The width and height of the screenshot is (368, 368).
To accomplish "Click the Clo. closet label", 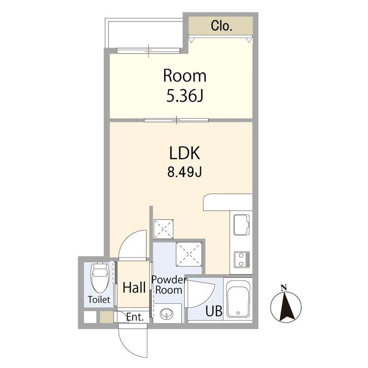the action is point(221,26).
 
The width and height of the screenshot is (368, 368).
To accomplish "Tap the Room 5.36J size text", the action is point(184,96).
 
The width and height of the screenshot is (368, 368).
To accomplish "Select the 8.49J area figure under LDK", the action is point(184,172).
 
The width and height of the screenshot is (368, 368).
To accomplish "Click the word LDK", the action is point(184,153).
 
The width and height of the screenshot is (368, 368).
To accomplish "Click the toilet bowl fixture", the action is point(100,278).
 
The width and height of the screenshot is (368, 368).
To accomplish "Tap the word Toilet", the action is point(99,299).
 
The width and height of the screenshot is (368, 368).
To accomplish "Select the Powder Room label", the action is point(169,285).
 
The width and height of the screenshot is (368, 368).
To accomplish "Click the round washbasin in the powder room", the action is point(167,314).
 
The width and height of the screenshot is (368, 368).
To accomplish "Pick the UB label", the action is point(214,311).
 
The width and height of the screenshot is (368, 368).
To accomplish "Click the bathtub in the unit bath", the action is point(238,299).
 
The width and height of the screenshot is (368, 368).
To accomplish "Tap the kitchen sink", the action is point(241,224).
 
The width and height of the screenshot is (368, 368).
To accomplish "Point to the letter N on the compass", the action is point(284,287).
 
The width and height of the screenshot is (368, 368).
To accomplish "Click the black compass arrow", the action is point(286,306).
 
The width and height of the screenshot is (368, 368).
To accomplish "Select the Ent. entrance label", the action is point(135,317).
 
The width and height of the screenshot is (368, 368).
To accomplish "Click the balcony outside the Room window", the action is point(144,33).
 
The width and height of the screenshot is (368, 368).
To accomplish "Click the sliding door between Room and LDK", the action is point(176,120).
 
